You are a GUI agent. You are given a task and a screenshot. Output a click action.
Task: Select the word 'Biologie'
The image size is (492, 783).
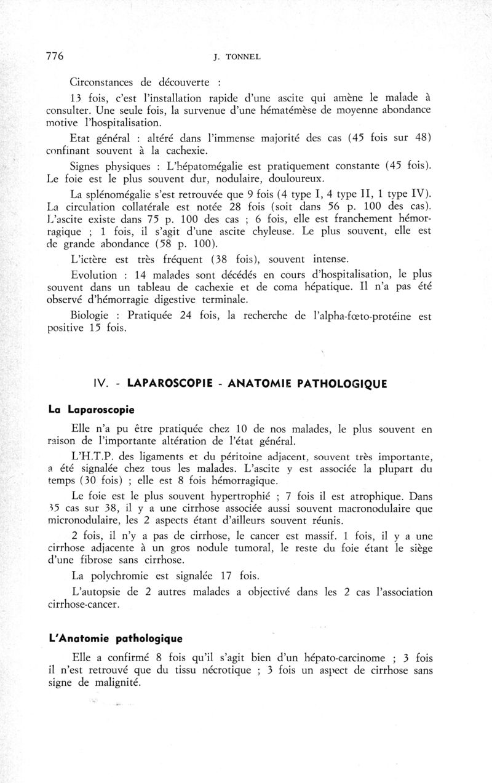pos(93,316)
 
